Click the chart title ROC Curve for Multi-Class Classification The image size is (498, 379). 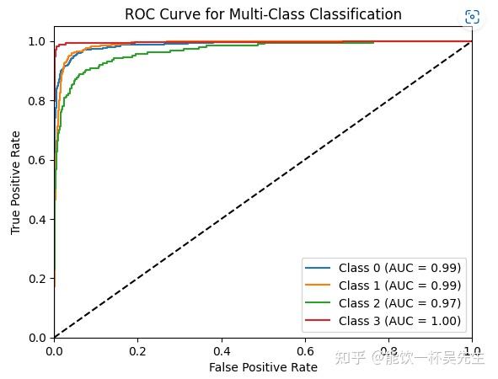click(x=263, y=14)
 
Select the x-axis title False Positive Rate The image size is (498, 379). click(x=263, y=367)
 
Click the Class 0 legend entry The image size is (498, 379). click(x=399, y=268)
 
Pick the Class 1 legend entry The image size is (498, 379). click(x=399, y=286)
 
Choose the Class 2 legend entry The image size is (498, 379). click(x=399, y=302)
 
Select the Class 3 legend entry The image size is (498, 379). click(x=399, y=320)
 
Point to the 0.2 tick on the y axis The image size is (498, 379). click(x=39, y=278)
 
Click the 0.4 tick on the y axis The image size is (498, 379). click(x=39, y=219)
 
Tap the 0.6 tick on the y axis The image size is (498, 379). click(x=39, y=159)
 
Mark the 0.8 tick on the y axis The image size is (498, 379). click(x=39, y=100)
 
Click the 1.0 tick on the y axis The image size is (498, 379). click(x=39, y=40)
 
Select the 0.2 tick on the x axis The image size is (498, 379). click(x=137, y=350)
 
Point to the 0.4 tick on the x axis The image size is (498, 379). click(x=222, y=350)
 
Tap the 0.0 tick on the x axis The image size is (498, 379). click(x=54, y=350)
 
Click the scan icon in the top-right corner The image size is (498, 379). click(x=472, y=17)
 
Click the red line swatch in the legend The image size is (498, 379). click(x=319, y=320)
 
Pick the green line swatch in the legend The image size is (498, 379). click(x=319, y=302)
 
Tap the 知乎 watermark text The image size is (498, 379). click(x=348, y=359)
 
